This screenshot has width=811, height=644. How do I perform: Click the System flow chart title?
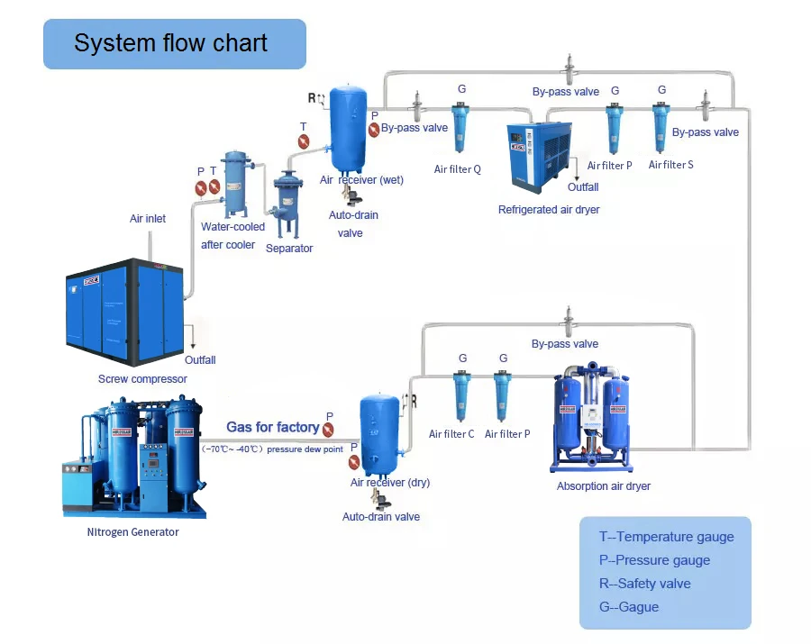click(x=171, y=43)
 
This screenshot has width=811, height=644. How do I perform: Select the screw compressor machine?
click(x=126, y=306)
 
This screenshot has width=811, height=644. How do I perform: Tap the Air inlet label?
click(x=148, y=219)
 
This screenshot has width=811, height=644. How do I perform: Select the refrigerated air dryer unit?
click(x=539, y=157)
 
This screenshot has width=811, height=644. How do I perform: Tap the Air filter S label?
click(x=671, y=165)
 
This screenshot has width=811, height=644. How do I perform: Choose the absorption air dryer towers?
click(x=591, y=418)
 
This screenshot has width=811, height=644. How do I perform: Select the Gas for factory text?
click(x=272, y=427)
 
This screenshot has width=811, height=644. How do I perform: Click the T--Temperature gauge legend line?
click(x=666, y=537)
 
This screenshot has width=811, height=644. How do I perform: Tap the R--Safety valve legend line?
click(x=644, y=584)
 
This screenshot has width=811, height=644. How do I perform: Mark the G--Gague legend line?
click(x=628, y=607)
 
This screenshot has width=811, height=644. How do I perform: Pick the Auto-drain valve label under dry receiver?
click(x=380, y=517)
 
